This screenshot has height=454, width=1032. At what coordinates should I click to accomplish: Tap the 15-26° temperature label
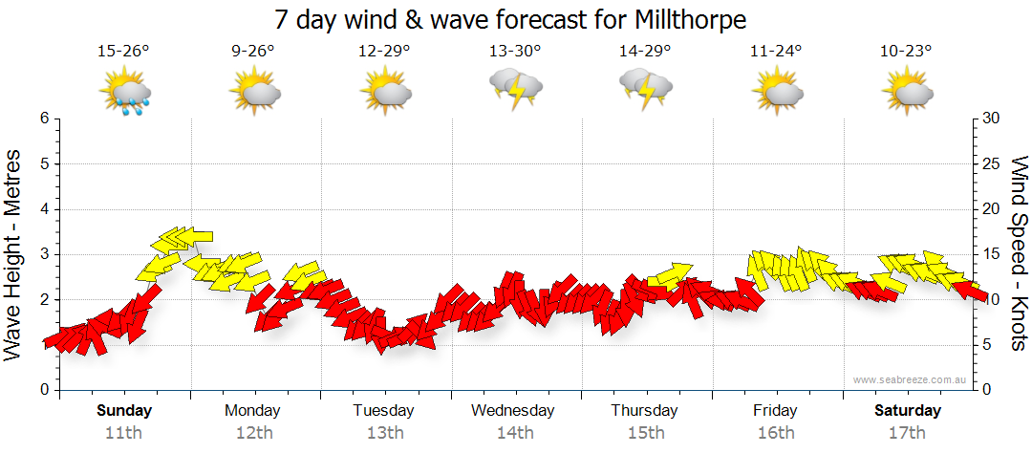point(123,51)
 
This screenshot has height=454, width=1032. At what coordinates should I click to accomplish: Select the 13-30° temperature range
point(515,51)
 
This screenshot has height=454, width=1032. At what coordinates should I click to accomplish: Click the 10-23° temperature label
point(906,51)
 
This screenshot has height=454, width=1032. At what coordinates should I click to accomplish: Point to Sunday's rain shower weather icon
point(126,94)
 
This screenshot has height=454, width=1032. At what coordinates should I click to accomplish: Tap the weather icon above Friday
point(776,92)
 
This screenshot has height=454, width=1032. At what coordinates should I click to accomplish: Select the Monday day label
point(252,411)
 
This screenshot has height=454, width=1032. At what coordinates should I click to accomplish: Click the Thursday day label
point(644,411)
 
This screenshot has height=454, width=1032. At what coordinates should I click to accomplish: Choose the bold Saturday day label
point(907,411)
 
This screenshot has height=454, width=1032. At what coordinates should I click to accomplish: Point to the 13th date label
point(384,432)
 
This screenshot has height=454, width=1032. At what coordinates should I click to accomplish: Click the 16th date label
point(775,432)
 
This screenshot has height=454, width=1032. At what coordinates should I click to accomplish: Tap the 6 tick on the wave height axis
point(43,119)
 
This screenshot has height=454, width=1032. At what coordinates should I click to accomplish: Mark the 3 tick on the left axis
point(43,254)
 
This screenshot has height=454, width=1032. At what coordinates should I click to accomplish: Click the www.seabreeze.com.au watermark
point(911,379)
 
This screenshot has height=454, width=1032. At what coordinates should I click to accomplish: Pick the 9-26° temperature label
point(253,51)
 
